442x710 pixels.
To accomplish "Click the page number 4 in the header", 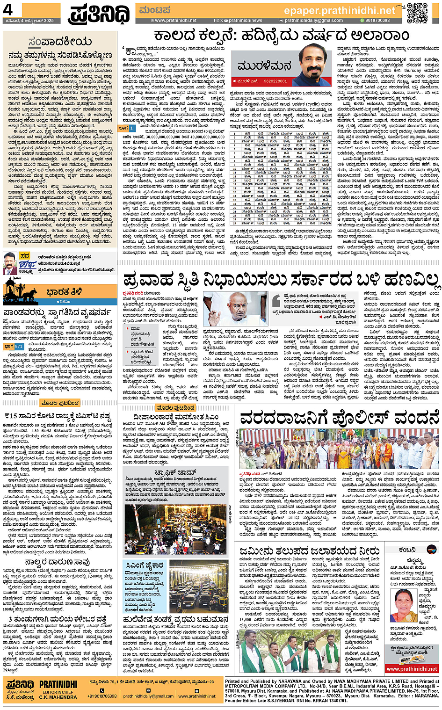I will [8, 9].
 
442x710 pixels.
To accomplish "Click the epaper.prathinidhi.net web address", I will [339, 10].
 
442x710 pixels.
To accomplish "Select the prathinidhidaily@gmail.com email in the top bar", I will [313, 21].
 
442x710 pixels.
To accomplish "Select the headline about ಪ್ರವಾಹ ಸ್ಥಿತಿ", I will [281, 280].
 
